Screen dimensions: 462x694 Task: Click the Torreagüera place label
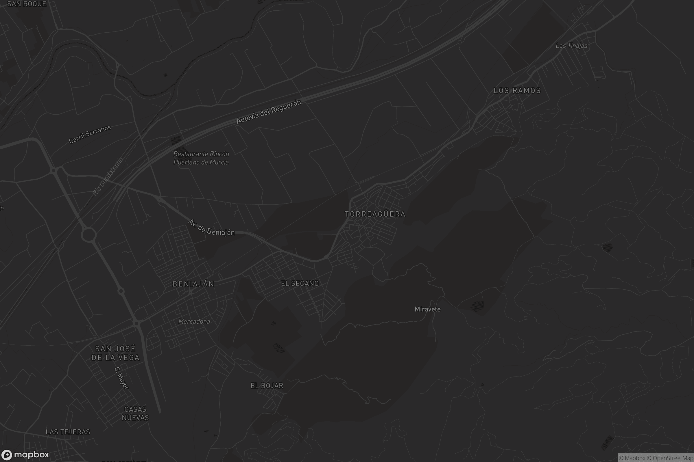[375, 214]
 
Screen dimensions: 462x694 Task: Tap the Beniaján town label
[193, 284]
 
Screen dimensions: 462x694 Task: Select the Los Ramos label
[517, 91]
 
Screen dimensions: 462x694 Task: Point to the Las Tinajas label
[571, 46]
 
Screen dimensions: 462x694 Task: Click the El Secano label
[300, 284]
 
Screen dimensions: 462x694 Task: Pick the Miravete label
[428, 309]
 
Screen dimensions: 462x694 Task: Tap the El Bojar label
[267, 386]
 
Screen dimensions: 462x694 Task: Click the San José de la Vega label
[115, 353]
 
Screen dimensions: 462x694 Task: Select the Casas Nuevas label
[135, 413]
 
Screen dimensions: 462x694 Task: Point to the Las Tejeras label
[68, 432]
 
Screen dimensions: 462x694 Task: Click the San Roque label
[27, 4]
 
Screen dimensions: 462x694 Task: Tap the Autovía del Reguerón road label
[269, 112]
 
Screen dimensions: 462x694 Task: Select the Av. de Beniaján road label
[211, 228]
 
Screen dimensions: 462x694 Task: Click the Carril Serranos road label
[90, 134]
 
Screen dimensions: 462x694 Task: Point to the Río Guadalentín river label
[108, 177]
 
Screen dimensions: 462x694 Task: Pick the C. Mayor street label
[121, 378]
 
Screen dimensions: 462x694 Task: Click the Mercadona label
[194, 321]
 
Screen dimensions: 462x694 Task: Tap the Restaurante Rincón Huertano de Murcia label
[201, 158]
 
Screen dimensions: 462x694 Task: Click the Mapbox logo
[25, 454]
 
